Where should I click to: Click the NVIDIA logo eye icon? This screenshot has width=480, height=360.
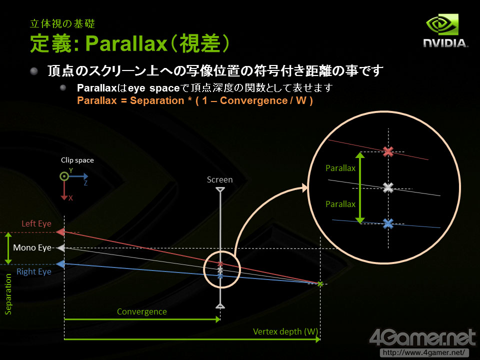(442, 24)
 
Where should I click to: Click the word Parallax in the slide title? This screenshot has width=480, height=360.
(126, 43)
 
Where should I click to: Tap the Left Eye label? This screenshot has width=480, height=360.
(36, 223)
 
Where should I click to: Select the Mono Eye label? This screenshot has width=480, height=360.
(32, 247)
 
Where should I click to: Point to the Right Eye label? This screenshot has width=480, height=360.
(34, 271)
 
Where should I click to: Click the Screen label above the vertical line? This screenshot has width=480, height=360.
(220, 179)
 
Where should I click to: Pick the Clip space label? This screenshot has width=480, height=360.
(77, 160)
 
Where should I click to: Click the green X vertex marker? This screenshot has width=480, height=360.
(320, 284)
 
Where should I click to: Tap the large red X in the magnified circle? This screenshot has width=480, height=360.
(388, 151)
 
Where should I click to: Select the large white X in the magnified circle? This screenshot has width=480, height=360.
(388, 187)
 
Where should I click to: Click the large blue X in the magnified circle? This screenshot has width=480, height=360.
(388, 224)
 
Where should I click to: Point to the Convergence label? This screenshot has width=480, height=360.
(141, 311)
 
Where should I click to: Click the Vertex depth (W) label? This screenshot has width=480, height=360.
(285, 331)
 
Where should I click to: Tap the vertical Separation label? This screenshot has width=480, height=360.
(8, 294)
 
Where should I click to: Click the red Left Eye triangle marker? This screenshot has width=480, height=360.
(60, 232)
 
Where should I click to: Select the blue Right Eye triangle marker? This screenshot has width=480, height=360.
(60, 264)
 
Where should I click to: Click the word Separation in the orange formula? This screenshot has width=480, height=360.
(157, 100)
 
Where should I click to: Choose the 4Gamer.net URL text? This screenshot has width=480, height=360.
(424, 352)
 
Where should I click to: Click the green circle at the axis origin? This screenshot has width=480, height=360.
(64, 176)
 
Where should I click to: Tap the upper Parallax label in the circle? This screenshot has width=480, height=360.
(340, 168)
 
